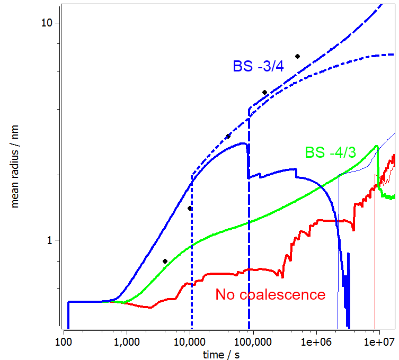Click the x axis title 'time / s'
point(221,354)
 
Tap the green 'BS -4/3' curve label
point(330,152)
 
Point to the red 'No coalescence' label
point(270,294)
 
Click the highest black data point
point(298,56)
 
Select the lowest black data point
point(165,261)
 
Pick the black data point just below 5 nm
point(264,93)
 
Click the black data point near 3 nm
point(228,136)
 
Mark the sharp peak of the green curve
point(376,146)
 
